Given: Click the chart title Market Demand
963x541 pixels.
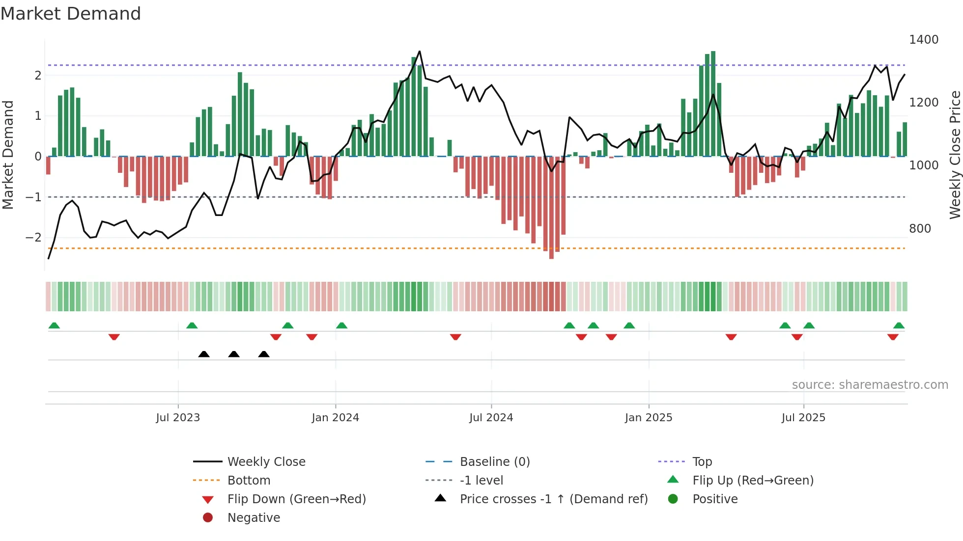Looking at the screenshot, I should click(71, 14).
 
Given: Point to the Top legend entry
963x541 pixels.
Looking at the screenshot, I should click(702, 461).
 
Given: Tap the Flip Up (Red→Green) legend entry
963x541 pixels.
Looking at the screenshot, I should click(753, 480).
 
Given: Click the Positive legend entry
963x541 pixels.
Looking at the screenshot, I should click(715, 499).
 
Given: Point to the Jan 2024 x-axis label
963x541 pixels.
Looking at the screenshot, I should click(336, 417).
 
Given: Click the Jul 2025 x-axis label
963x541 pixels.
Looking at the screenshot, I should click(803, 417).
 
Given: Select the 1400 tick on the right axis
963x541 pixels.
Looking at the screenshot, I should click(923, 40).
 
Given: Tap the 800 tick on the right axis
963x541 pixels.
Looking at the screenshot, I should click(920, 228).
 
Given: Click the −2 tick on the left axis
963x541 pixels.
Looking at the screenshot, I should click(33, 238).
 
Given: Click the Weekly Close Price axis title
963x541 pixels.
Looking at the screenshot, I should click(955, 155).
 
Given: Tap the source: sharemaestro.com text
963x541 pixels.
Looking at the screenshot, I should click(870, 384).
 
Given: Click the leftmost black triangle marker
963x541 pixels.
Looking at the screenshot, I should click(204, 354).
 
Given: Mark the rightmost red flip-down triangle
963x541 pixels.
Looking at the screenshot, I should click(893, 337).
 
